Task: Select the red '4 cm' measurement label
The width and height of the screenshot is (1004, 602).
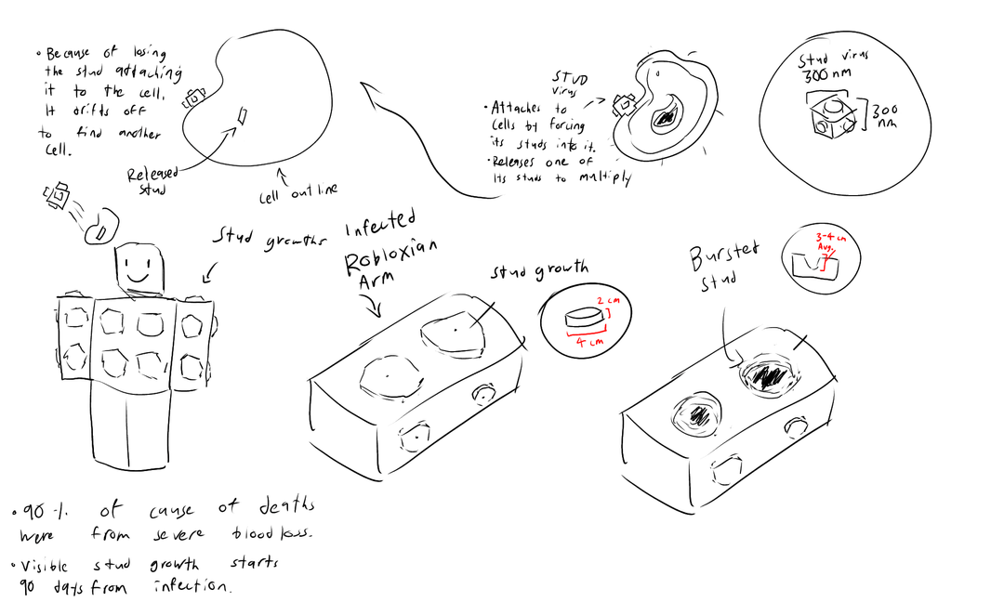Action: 588,341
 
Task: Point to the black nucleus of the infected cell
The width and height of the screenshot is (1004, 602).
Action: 667,118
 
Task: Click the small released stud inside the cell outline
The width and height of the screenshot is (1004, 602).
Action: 242,116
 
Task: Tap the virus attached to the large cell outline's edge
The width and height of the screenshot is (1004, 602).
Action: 195,98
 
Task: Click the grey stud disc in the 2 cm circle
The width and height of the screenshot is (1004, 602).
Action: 581,318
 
